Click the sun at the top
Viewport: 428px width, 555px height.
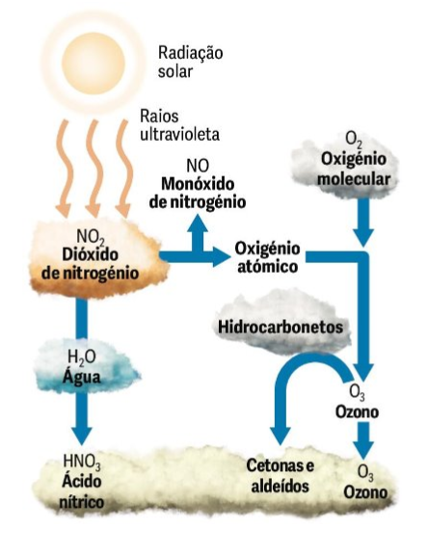coord(94,63)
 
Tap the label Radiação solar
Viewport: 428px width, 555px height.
coord(190,62)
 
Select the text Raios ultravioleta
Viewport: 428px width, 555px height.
coord(179,125)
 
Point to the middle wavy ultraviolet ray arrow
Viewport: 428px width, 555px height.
coord(94,169)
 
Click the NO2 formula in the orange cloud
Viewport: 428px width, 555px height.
coord(91,237)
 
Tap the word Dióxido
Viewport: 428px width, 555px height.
coord(90,254)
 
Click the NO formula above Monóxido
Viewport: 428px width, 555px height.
coord(198,166)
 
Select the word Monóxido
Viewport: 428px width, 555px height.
coord(198,184)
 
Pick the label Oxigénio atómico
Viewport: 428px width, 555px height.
coord(267,257)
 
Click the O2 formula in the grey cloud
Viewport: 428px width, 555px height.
coord(354,140)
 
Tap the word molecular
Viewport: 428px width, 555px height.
coord(354,178)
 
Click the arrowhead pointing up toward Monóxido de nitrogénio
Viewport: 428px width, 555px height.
coord(198,224)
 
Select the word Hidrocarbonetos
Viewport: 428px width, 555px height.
coord(281,327)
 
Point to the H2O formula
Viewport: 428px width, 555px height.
coord(81,357)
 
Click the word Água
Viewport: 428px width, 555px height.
coord(81,376)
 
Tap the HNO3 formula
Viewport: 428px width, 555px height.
coord(82,462)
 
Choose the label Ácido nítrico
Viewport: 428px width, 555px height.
coord(82,491)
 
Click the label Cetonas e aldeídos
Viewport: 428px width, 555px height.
coord(280,476)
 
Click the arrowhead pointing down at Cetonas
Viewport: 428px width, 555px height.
coord(280,436)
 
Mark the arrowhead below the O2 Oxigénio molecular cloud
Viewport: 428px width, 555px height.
coord(362,237)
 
